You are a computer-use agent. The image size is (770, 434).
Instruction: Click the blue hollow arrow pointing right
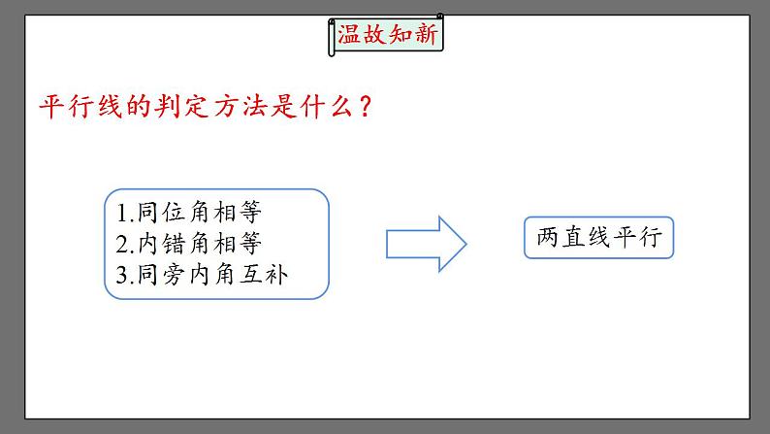427,243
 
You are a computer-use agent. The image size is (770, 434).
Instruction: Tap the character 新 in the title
427,37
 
